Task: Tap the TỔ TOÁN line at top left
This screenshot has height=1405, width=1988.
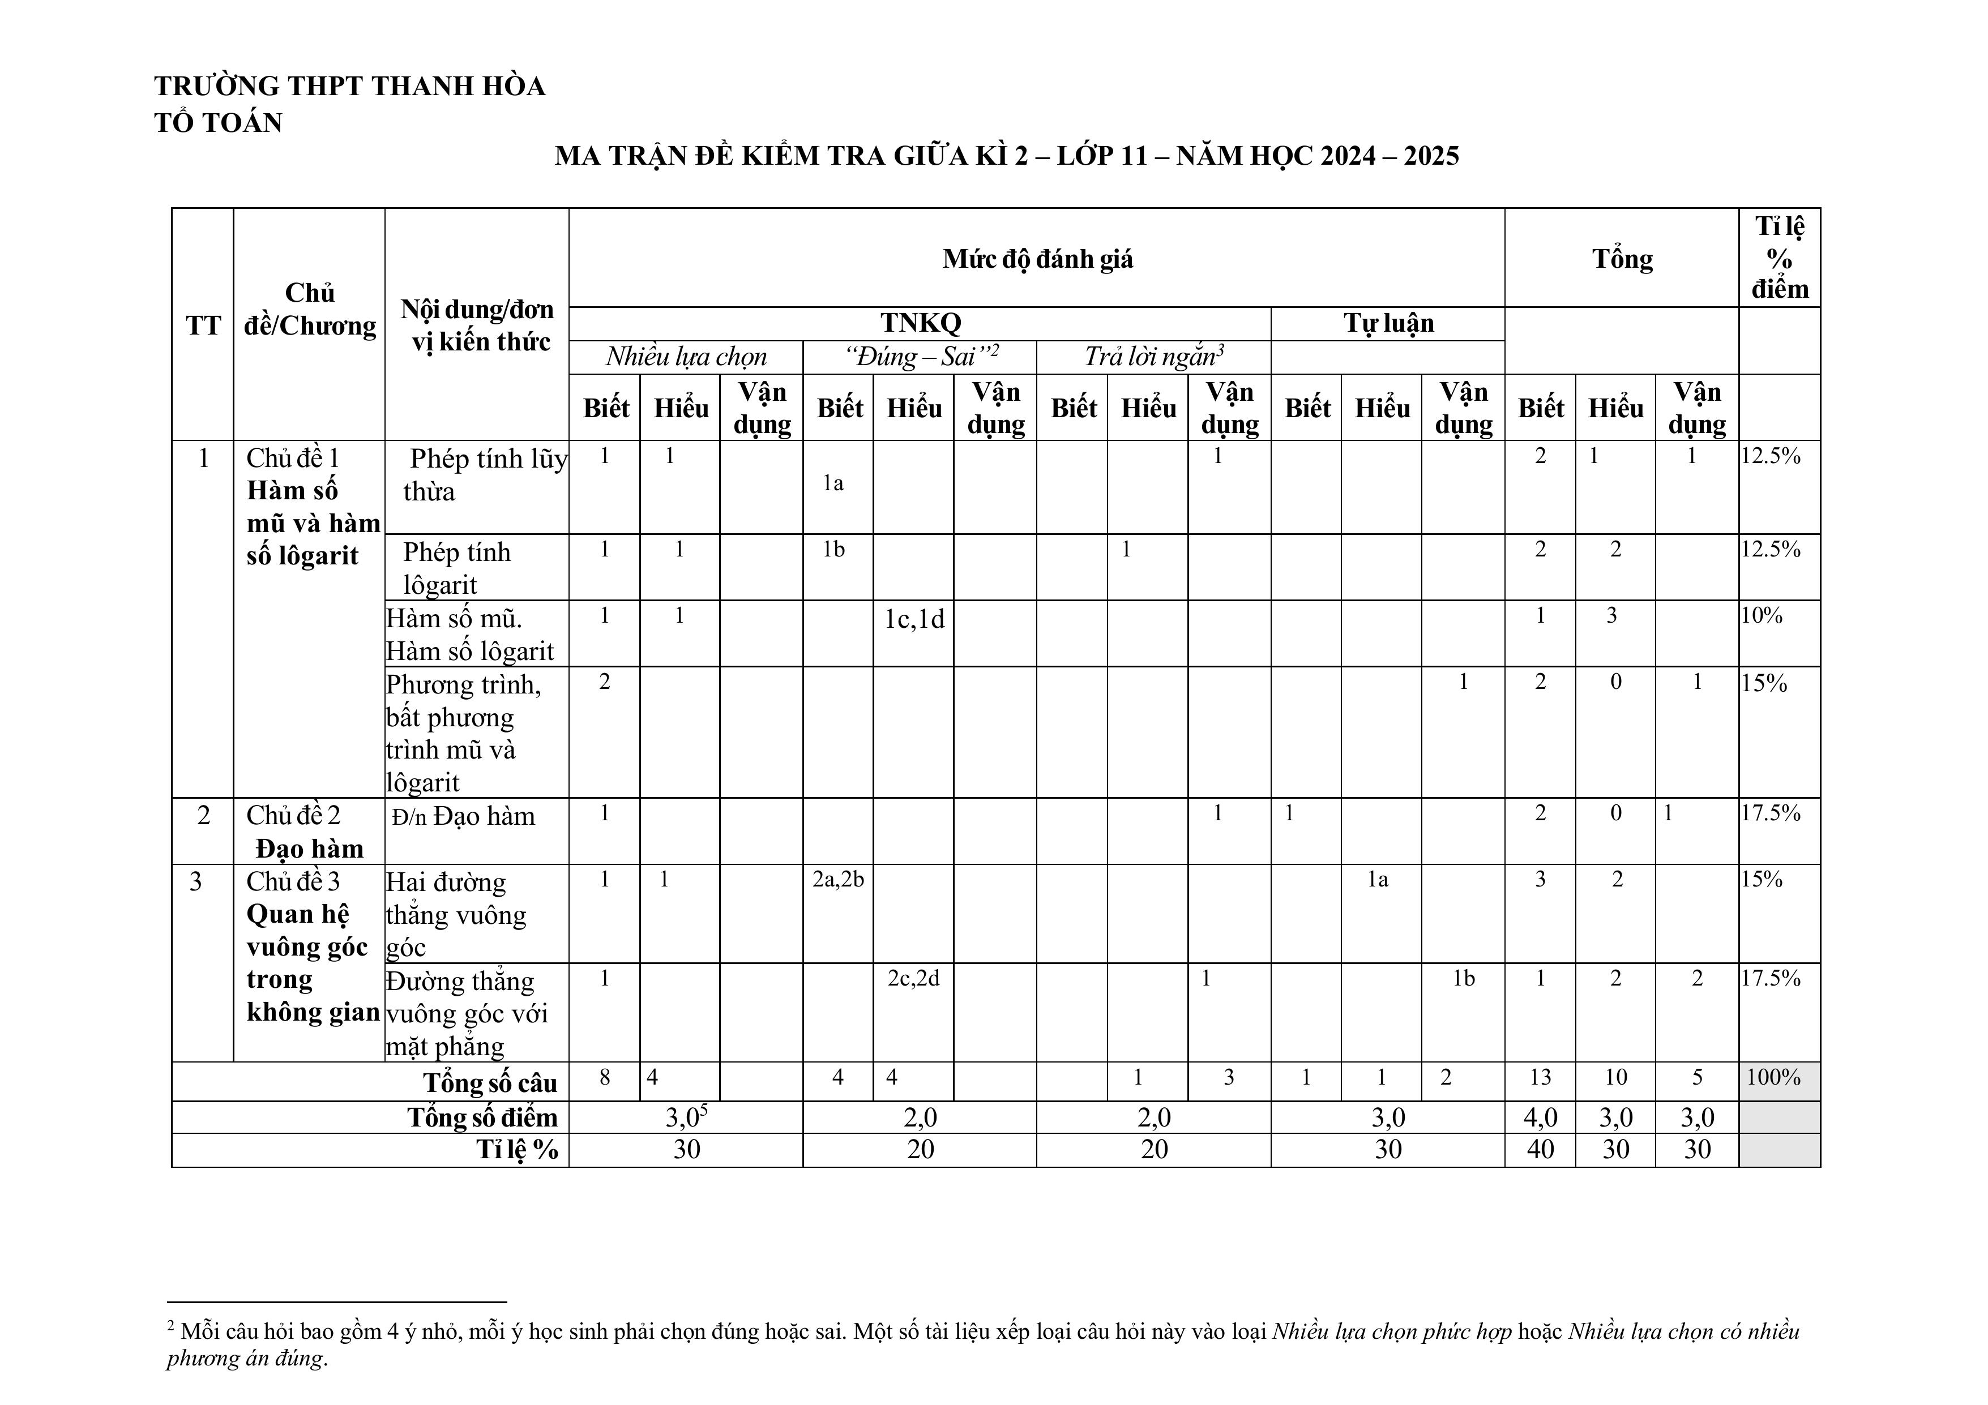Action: pos(218,123)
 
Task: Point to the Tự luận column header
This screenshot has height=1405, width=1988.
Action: pos(1388,323)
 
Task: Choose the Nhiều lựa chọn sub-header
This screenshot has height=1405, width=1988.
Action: pos(686,357)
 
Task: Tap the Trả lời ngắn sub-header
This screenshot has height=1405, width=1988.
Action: pos(1153,357)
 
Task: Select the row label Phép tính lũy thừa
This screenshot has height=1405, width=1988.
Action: pos(483,474)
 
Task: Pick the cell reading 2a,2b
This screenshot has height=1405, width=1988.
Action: pos(837,880)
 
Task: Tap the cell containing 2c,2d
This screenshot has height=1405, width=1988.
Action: pos(913,978)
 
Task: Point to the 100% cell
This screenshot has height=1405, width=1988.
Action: pos(1773,1078)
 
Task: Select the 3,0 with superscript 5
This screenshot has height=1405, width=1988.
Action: pos(686,1117)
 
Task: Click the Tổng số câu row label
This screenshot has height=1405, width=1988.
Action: pos(490,1083)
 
